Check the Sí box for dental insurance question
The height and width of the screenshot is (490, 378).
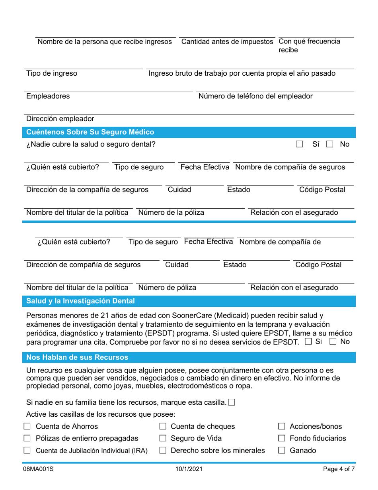tap(300, 144)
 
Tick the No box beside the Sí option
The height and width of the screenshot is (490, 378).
tap(329, 144)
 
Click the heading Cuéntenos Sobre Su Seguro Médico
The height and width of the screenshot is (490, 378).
tap(90, 132)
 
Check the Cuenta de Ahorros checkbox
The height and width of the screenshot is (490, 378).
tap(27, 427)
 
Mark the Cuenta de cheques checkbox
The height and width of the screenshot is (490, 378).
tap(162, 427)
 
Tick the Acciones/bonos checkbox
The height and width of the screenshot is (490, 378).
tap(281, 427)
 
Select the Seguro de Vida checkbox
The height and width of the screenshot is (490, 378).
tap(162, 439)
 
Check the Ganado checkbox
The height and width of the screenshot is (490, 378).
tap(281, 451)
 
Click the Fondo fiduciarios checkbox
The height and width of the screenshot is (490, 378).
tap(281, 439)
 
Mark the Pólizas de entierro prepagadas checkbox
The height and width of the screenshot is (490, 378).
tap(27, 439)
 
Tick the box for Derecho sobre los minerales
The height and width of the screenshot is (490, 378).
tap(162, 451)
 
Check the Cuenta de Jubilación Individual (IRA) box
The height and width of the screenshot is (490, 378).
tap(27, 451)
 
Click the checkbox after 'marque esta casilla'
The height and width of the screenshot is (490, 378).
tap(232, 402)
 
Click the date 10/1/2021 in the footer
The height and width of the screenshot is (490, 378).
tap(189, 469)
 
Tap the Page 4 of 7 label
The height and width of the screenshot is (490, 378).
tap(339, 469)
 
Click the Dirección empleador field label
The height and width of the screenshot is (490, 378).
tap(60, 119)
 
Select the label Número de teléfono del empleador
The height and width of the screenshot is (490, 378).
tap(255, 96)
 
